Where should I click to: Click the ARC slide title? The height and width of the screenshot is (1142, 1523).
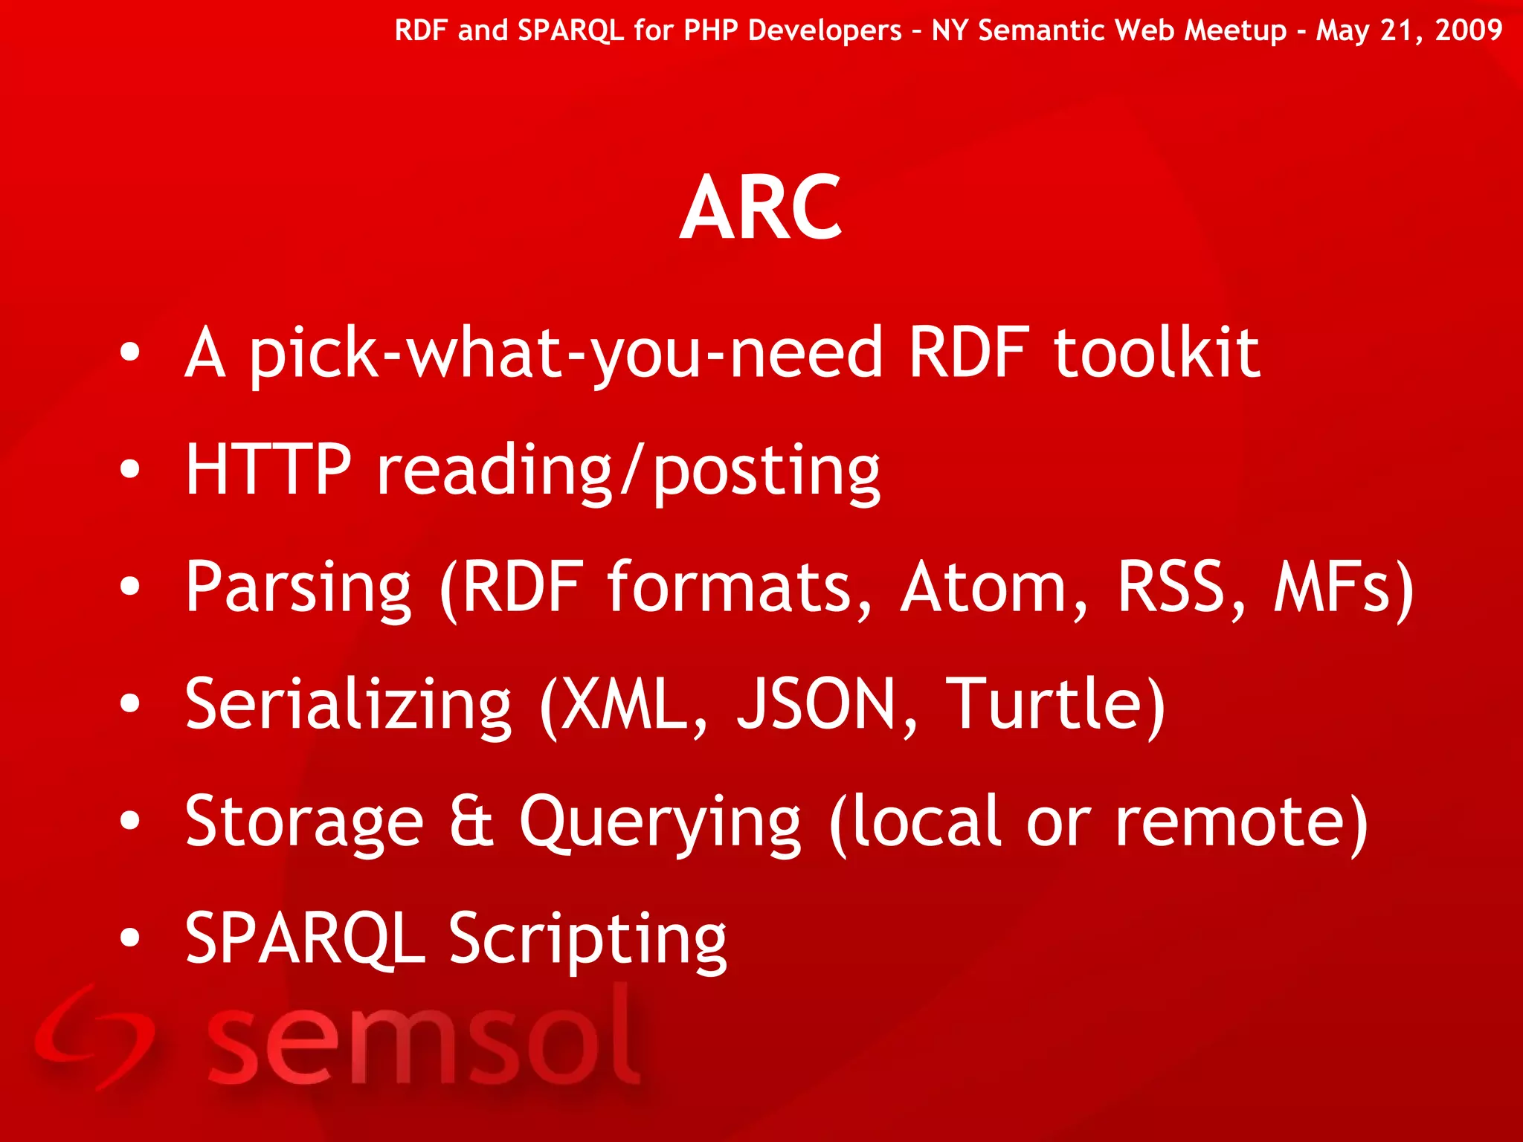(761, 207)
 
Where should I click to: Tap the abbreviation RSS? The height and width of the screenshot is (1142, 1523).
(1173, 587)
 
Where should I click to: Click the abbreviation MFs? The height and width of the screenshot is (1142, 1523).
(1331, 587)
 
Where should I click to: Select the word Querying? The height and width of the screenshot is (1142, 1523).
(660, 824)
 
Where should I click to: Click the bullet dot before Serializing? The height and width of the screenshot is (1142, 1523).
(130, 703)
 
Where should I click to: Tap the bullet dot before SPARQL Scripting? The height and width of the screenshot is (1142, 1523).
(130, 938)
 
